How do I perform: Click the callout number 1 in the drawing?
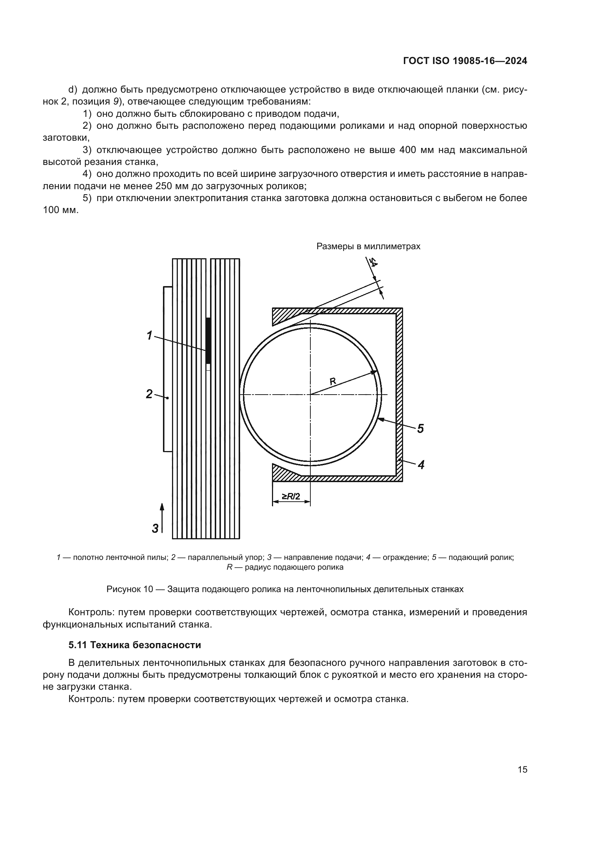tap(149, 335)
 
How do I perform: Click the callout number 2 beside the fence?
tap(149, 394)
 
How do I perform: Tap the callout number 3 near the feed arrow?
tap(155, 528)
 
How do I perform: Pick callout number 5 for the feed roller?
tap(420, 428)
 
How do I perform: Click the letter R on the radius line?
tap(332, 381)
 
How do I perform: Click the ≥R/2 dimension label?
tap(291, 497)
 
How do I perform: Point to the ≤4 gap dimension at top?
tap(373, 263)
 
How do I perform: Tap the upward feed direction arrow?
tap(162, 519)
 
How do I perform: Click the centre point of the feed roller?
tap(310, 395)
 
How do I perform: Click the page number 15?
tap(522, 769)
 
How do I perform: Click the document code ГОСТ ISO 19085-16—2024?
tap(465, 61)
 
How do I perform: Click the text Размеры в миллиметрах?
tap(368, 246)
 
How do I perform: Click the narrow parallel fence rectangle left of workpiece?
tap(168, 369)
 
